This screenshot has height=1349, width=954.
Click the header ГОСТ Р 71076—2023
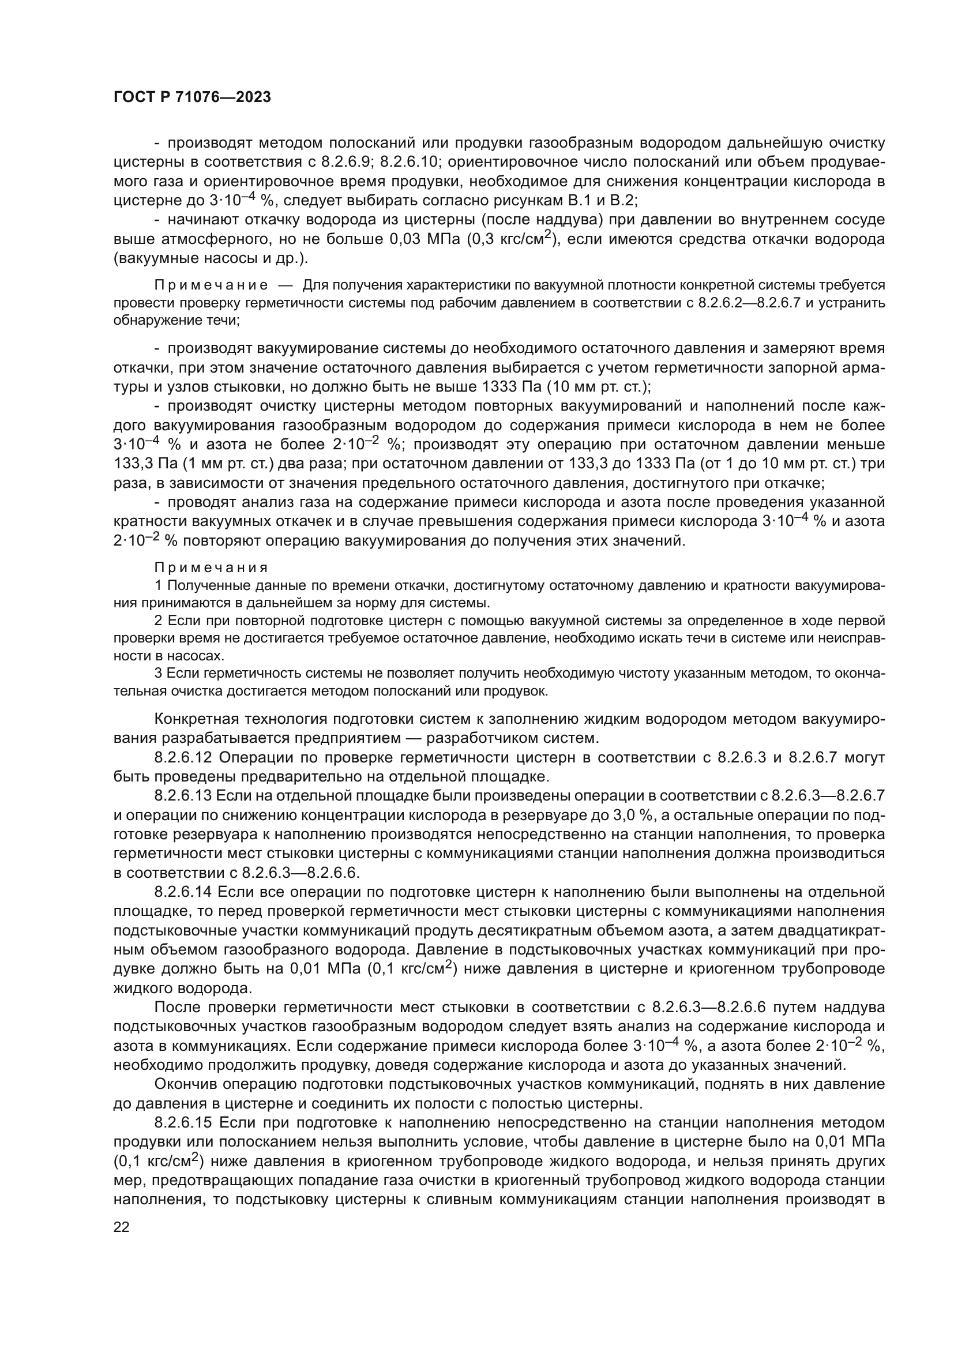(x=192, y=97)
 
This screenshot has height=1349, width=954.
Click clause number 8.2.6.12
(x=183, y=757)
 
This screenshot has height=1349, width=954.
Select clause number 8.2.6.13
(x=183, y=795)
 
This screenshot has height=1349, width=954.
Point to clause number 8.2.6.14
(x=183, y=892)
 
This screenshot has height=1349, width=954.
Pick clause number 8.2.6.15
(x=183, y=1123)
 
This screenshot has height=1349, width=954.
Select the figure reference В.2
(x=624, y=201)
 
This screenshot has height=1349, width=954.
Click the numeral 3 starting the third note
(x=158, y=673)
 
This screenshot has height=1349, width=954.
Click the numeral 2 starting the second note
(x=158, y=621)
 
